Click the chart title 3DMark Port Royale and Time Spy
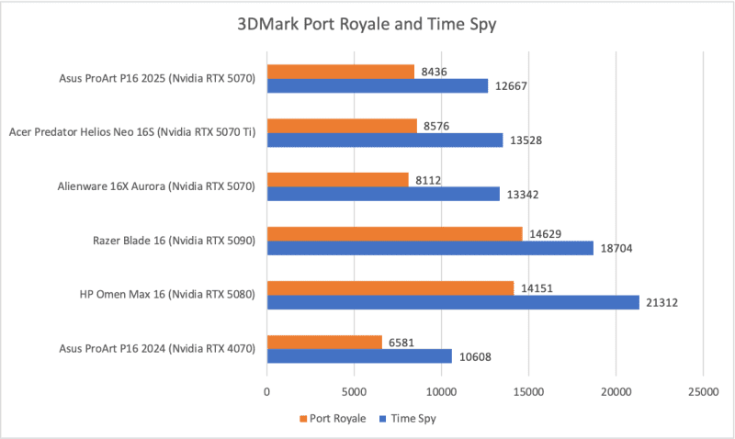367,25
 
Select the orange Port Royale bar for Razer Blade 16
394,234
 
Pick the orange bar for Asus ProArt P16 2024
324,343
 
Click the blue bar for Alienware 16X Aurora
383,194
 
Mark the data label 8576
438,126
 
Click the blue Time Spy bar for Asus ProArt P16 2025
378,85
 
